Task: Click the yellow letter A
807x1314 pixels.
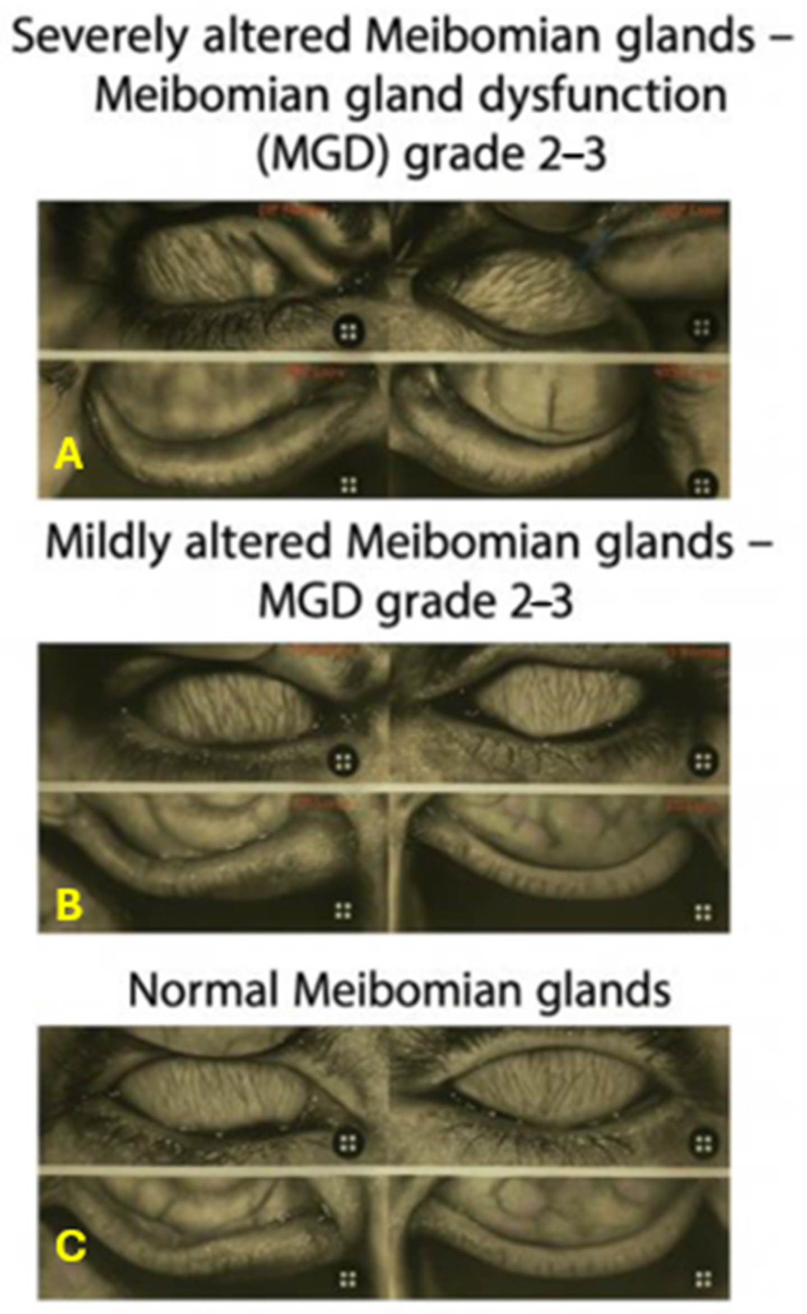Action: point(68,455)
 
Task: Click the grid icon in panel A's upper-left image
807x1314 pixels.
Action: point(349,332)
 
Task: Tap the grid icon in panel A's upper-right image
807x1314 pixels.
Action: point(702,328)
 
